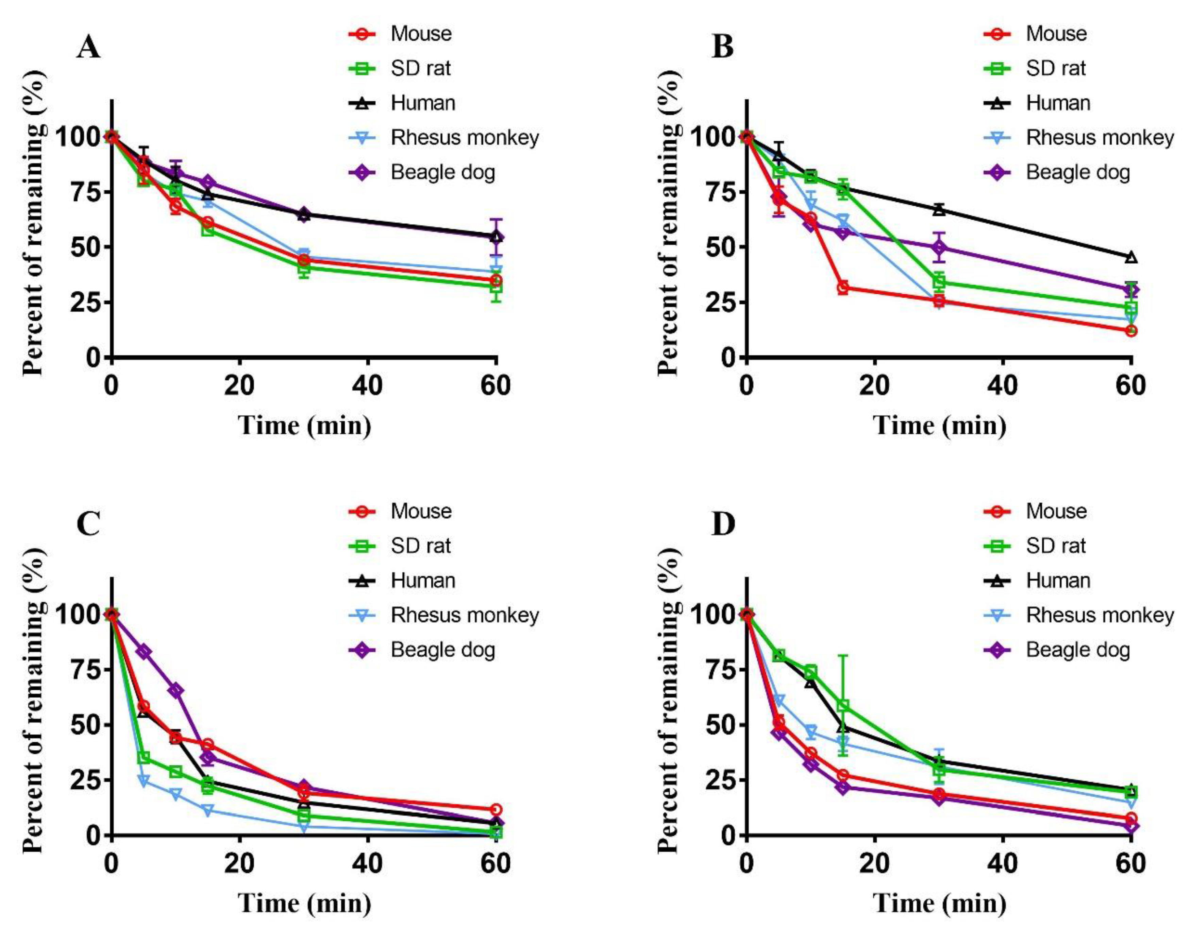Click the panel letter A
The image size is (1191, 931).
pyautogui.click(x=88, y=48)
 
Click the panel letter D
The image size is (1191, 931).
pyautogui.click(x=724, y=524)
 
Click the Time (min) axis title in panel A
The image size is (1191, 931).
pyautogui.click(x=304, y=426)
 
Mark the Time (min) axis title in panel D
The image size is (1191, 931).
pyautogui.click(x=940, y=904)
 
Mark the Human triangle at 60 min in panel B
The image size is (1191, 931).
pyautogui.click(x=1131, y=257)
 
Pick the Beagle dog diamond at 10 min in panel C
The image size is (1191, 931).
pyautogui.click(x=175, y=691)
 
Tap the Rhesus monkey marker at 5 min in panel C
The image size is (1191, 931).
pyautogui.click(x=144, y=780)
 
